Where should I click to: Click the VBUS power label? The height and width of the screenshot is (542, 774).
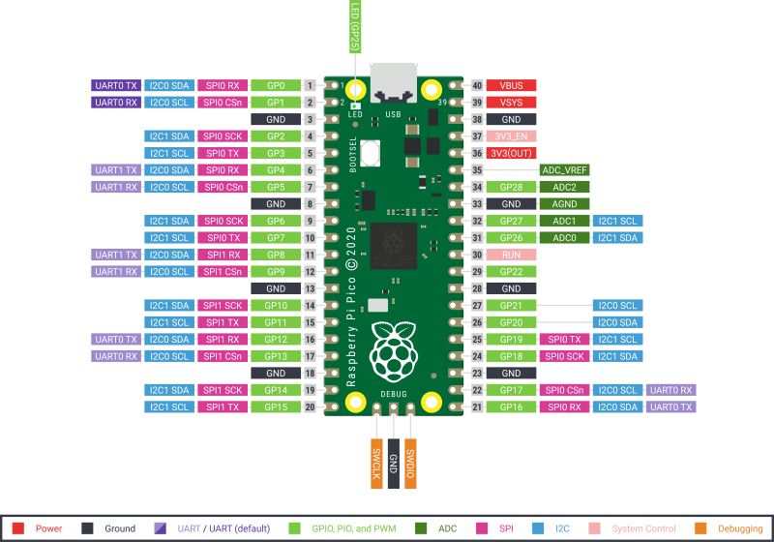(x=511, y=86)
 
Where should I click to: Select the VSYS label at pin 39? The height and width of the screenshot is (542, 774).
(x=511, y=103)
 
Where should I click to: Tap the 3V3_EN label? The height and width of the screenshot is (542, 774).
(x=511, y=136)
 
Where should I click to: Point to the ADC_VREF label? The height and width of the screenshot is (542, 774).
(x=565, y=170)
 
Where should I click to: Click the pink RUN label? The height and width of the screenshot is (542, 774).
(x=511, y=255)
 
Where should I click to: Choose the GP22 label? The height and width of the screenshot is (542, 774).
(x=511, y=272)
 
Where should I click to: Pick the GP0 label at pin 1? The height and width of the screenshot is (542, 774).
(x=275, y=86)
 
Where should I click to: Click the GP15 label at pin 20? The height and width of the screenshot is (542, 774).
(x=275, y=407)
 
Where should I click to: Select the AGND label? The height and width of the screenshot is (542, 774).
(x=564, y=204)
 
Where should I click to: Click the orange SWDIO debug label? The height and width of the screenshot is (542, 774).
(x=410, y=463)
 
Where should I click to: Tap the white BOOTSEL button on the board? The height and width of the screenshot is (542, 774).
(x=372, y=153)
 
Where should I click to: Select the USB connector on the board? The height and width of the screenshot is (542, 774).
(x=394, y=82)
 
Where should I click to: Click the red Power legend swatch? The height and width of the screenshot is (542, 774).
(x=17, y=528)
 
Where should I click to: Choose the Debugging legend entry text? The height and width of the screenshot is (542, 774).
(x=739, y=528)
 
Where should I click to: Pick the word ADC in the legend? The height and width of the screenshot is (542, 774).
(x=447, y=528)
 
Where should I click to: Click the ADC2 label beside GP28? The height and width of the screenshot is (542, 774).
(x=564, y=187)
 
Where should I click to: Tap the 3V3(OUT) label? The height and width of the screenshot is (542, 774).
(x=511, y=153)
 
